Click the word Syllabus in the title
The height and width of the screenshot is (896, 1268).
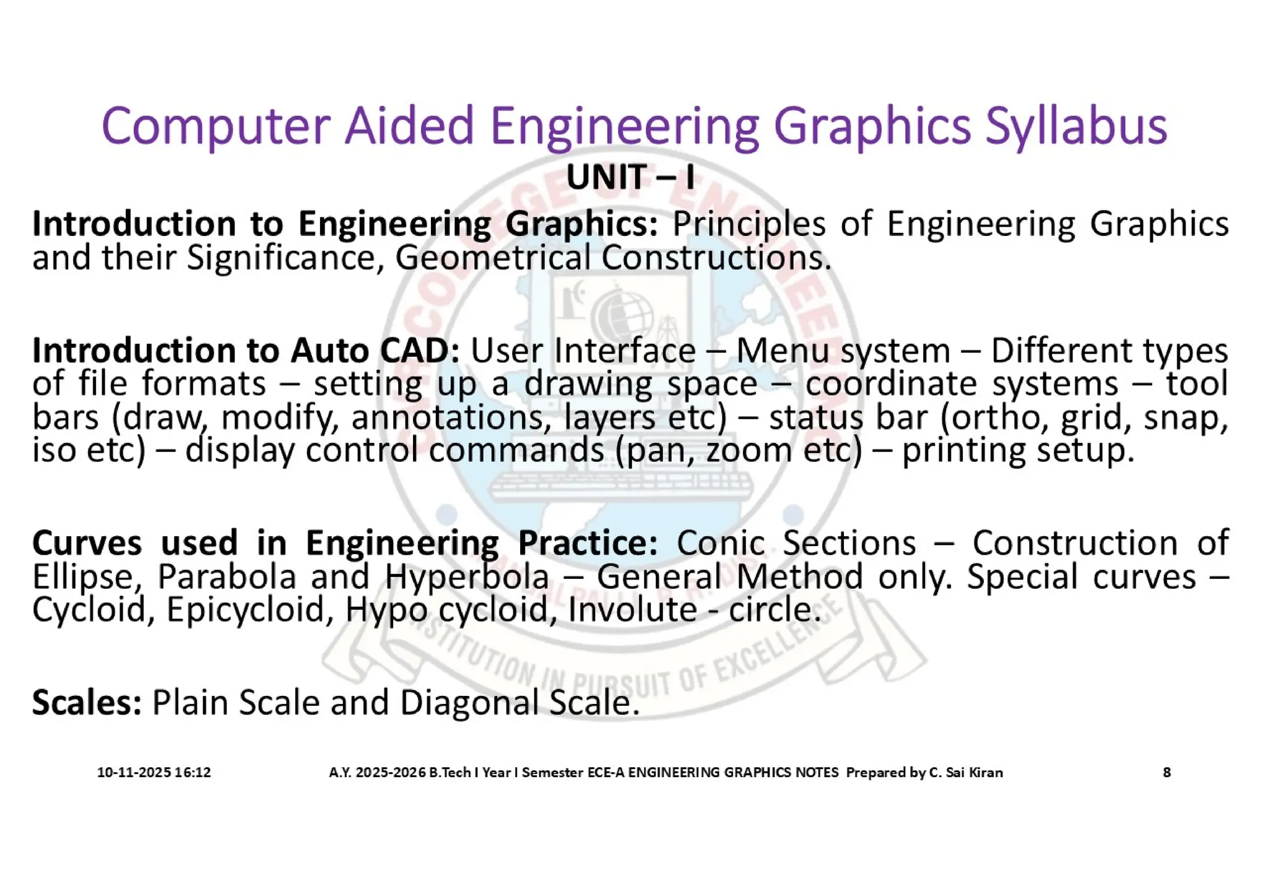tap(1075, 127)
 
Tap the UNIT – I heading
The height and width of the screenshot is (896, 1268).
tap(630, 178)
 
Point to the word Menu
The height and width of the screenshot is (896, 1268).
tap(781, 351)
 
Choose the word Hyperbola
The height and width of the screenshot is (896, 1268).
tap(467, 576)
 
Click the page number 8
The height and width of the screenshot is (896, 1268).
tap(1166, 772)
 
